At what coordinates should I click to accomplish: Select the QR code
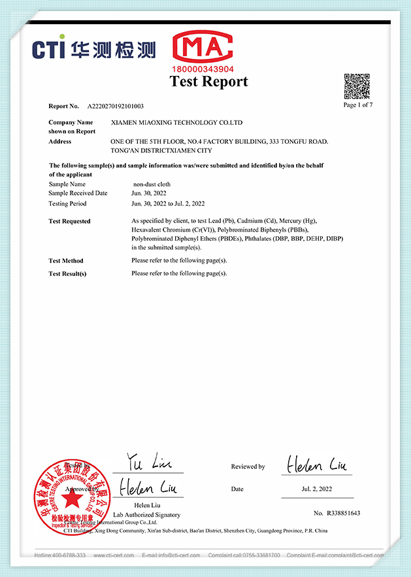(357, 86)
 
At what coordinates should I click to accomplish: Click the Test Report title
(208, 81)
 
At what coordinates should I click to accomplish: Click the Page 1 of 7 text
(358, 105)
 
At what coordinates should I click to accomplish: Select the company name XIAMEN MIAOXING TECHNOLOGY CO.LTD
(177, 122)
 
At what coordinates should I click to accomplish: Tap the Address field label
(59, 141)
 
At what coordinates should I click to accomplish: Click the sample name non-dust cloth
(151, 184)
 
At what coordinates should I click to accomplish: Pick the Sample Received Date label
(78, 194)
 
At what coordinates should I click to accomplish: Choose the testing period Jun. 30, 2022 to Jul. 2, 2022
(168, 203)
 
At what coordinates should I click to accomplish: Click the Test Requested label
(69, 221)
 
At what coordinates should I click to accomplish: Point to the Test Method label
(66, 260)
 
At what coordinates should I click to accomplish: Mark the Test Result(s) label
(67, 273)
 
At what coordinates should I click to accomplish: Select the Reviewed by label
(248, 466)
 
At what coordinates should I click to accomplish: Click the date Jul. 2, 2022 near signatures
(316, 489)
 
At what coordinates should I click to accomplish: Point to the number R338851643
(337, 514)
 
